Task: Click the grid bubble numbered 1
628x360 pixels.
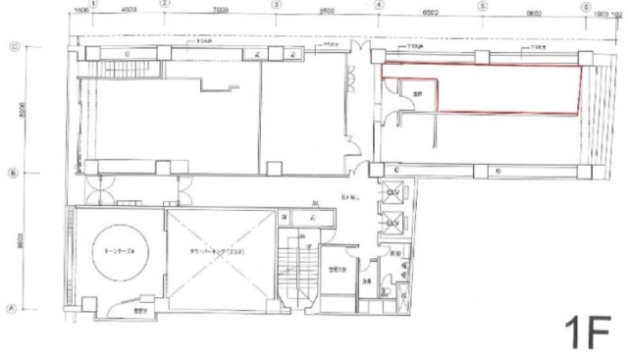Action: pyautogui.click(x=93, y=5)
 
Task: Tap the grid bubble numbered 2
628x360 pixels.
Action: pyautogui.click(x=165, y=5)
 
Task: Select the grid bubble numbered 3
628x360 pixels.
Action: pyautogui.click(x=276, y=5)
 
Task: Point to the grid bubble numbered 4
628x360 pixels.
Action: pyautogui.click(x=378, y=5)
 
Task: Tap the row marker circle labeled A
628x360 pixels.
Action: pyautogui.click(x=14, y=307)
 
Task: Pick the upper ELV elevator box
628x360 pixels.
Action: pyautogui.click(x=392, y=193)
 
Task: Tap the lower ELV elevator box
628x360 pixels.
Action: pyautogui.click(x=392, y=223)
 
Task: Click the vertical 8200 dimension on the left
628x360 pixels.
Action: pyautogui.click(x=22, y=110)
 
